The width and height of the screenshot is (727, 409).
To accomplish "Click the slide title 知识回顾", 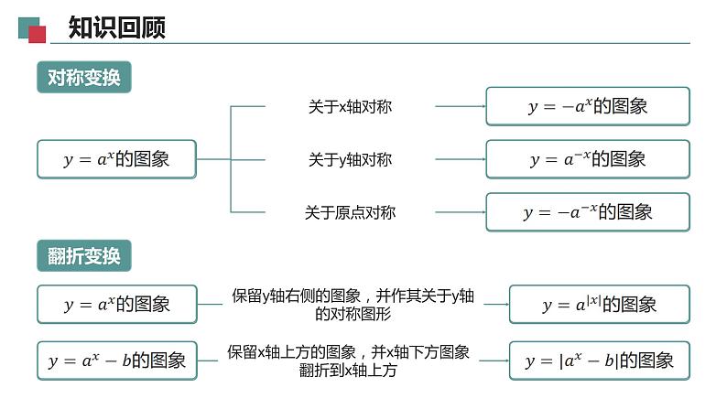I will pyautogui.click(x=117, y=28).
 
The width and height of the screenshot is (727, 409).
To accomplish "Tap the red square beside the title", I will pyautogui.click(x=38, y=35).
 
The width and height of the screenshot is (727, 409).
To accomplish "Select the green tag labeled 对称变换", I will pyautogui.click(x=84, y=78).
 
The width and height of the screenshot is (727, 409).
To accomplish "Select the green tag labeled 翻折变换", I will pyautogui.click(x=84, y=256).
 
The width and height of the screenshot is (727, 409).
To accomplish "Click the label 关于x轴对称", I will pyautogui.click(x=350, y=107).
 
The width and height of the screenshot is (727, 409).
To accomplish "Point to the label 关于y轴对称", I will pyautogui.click(x=350, y=160).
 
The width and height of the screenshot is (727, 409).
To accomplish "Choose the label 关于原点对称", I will pyautogui.click(x=350, y=212).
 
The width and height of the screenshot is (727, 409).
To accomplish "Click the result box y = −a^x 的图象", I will pyautogui.click(x=587, y=106).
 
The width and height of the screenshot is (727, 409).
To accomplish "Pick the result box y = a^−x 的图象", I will pyautogui.click(x=587, y=159).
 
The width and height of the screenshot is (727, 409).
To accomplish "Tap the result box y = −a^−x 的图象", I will pyautogui.click(x=587, y=212).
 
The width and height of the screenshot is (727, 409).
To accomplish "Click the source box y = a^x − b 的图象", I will pyautogui.click(x=116, y=361).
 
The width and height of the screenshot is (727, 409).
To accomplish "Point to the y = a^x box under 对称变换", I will pyautogui.click(x=116, y=159).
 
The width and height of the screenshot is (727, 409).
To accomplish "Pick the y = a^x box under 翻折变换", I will pyautogui.click(x=116, y=305).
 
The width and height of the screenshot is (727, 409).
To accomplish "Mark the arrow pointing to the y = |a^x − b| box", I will pyautogui.click(x=494, y=361).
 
